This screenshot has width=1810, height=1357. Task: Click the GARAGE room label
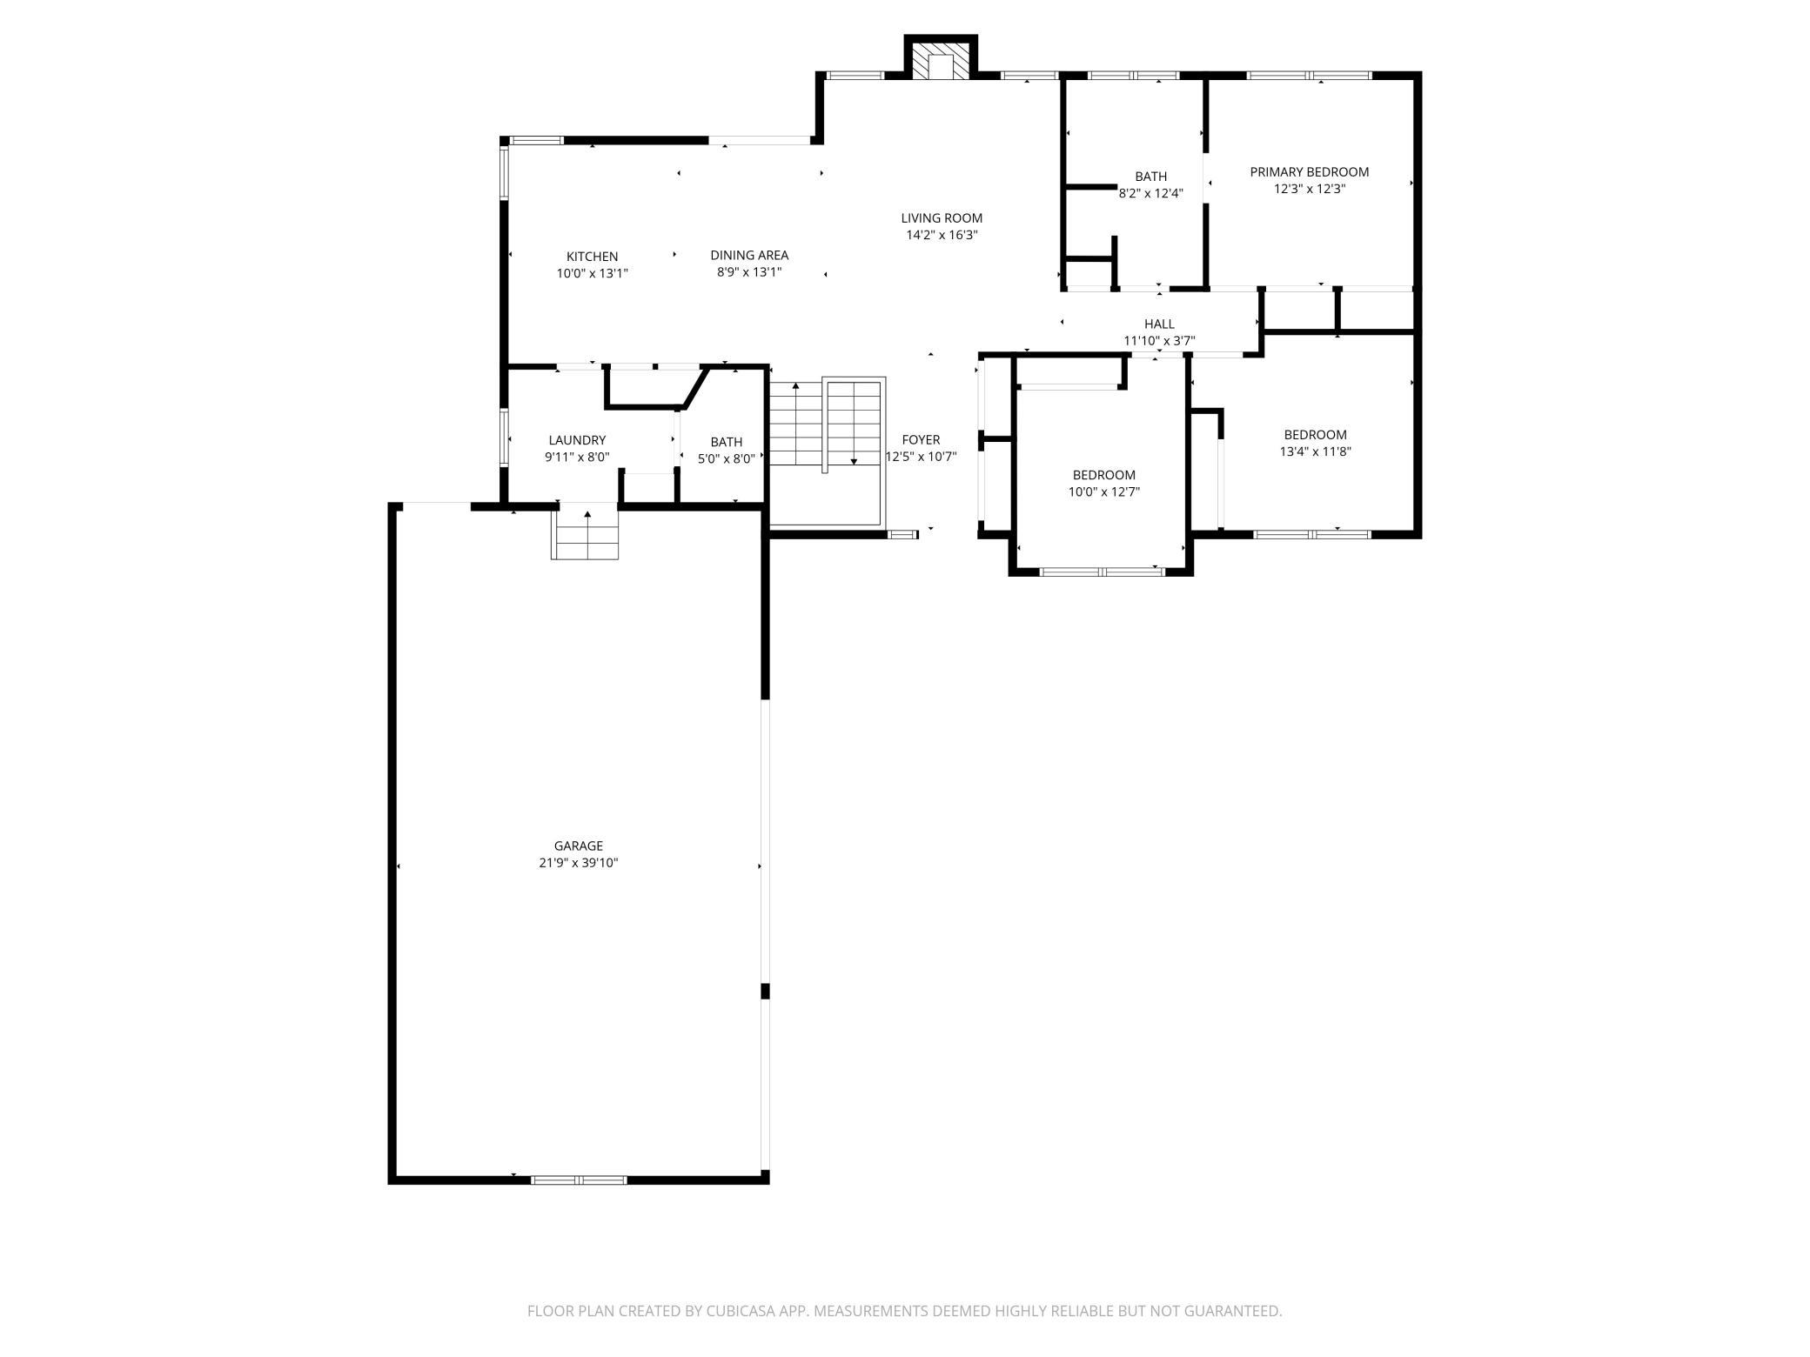pos(579,846)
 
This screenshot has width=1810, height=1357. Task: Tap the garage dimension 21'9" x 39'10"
pos(579,863)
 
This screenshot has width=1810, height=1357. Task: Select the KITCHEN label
pos(593,257)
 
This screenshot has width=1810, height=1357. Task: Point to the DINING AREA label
pos(749,255)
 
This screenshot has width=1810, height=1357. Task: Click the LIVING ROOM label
pos(942,218)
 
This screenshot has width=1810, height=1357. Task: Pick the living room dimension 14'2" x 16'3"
pos(942,235)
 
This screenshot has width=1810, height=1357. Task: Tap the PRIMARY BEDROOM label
pos(1310,172)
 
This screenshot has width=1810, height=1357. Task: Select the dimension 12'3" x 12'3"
pos(1310,189)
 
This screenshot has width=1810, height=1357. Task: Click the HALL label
pos(1159,324)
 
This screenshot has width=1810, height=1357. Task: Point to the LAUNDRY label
pos(577,440)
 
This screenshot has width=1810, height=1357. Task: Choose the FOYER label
pos(921,440)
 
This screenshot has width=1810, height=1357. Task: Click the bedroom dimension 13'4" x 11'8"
pos(1315,451)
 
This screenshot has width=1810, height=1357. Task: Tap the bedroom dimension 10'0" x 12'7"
pos(1103,491)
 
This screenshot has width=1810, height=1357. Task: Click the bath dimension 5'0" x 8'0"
pos(726,458)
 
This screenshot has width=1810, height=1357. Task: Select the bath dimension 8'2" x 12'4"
pos(1150,194)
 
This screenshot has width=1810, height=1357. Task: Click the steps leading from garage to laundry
pos(586,532)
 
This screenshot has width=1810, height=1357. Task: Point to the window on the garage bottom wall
pos(579,1180)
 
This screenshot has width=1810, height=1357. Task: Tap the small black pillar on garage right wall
pos(766,991)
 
